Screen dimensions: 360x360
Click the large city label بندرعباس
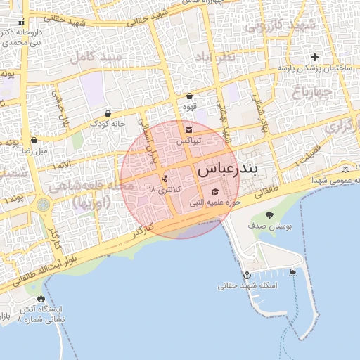[227, 169]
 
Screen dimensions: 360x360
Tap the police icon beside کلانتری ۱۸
[165, 179]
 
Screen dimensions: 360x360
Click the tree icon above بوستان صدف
[269, 215]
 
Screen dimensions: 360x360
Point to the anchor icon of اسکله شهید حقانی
[247, 275]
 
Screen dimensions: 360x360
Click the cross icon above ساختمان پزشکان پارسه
[314, 57]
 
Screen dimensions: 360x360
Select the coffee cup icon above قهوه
[188, 96]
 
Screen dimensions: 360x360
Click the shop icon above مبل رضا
[33, 140]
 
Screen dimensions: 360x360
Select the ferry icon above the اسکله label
[292, 273]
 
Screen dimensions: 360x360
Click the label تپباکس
[188, 141]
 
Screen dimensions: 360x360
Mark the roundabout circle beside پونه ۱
[44, 205]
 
